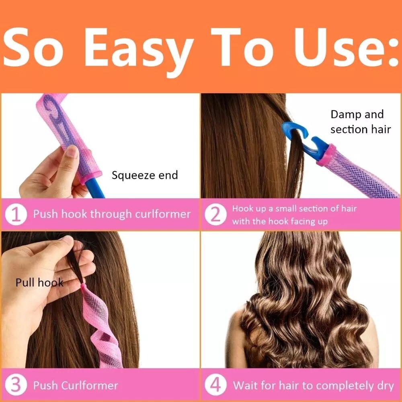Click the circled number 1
[x=16, y=214]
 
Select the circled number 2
[x=215, y=215]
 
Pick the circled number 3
[x=16, y=386]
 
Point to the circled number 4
[x=215, y=386]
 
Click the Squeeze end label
[x=144, y=175]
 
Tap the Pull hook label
[x=39, y=282]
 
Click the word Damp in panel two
[x=345, y=115]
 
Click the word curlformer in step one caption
[x=163, y=214]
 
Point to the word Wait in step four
[x=246, y=386]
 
